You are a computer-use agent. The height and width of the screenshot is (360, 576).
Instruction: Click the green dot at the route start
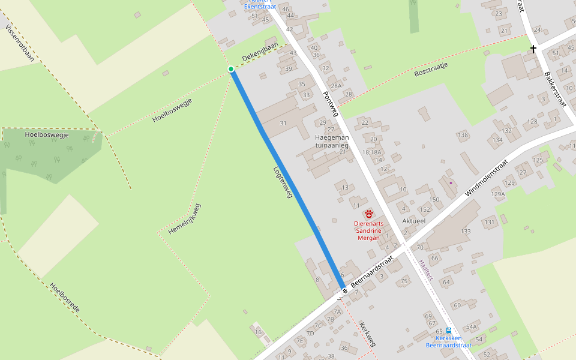pos(231,70)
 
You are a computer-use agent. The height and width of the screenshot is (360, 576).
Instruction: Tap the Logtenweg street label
pos(283,182)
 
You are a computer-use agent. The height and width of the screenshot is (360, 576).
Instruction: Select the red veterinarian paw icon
pos(368,214)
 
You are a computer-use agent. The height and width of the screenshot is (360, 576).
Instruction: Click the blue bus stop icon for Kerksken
pos(449,331)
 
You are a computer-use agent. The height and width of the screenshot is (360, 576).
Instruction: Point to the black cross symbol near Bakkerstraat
pos(533,49)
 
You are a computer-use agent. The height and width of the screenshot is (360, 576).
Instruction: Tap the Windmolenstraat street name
pos(487,178)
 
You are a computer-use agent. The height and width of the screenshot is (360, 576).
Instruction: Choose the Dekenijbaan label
pos(260,53)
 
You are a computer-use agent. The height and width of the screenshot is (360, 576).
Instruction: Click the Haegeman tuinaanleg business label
pos(332,141)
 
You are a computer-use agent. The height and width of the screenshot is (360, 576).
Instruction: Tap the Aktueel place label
pos(414,221)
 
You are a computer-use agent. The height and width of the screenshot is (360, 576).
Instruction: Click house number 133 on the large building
pos(466,231)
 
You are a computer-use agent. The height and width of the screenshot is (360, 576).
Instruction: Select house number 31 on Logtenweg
pos(284,123)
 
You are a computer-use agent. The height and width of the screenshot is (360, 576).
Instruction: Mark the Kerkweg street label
pos(367,334)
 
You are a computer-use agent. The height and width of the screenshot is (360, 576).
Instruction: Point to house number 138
pos(463,135)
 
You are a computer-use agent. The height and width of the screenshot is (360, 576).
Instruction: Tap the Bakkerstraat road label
pos(555,88)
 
